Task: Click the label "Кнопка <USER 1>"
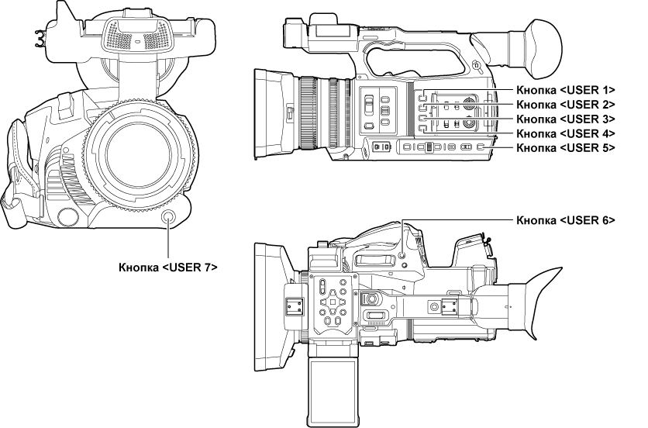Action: point(565,90)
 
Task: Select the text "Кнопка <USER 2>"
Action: point(565,104)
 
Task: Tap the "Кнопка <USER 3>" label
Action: point(565,119)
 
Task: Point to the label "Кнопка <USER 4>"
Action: point(565,133)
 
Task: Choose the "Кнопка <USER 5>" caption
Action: point(565,147)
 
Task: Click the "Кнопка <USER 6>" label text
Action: point(565,219)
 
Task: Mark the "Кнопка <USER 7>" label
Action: point(167,267)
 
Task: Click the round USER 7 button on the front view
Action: point(168,219)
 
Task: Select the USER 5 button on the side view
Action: point(480,147)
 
